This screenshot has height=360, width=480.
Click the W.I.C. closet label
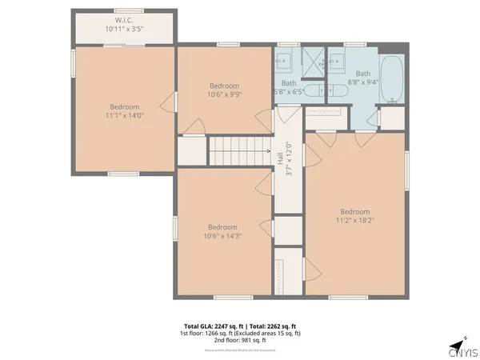tap(123, 24)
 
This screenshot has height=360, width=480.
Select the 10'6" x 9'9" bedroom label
tap(224, 90)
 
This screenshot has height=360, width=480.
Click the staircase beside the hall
tap(239, 151)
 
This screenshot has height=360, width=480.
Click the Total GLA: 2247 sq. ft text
tap(211, 326)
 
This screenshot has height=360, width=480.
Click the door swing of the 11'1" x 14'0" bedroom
tap(169, 102)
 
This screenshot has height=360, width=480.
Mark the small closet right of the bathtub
tap(391, 117)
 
